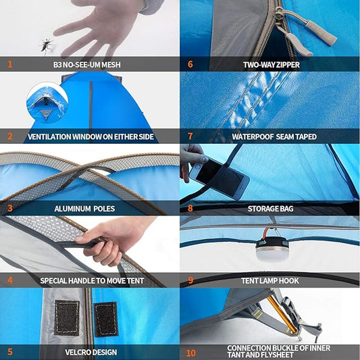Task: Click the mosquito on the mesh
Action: [47, 46]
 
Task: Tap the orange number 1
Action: [10, 64]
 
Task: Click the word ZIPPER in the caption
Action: [288, 65]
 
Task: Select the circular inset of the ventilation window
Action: [47, 103]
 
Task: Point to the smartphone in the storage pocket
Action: [220, 178]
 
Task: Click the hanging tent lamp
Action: [272, 249]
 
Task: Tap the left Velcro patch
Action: [67, 317]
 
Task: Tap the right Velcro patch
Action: [106, 319]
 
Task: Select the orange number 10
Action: [191, 353]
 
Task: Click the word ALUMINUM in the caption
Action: [72, 209]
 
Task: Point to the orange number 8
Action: [190, 208]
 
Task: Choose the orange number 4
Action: [10, 280]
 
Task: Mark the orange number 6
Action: [190, 64]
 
